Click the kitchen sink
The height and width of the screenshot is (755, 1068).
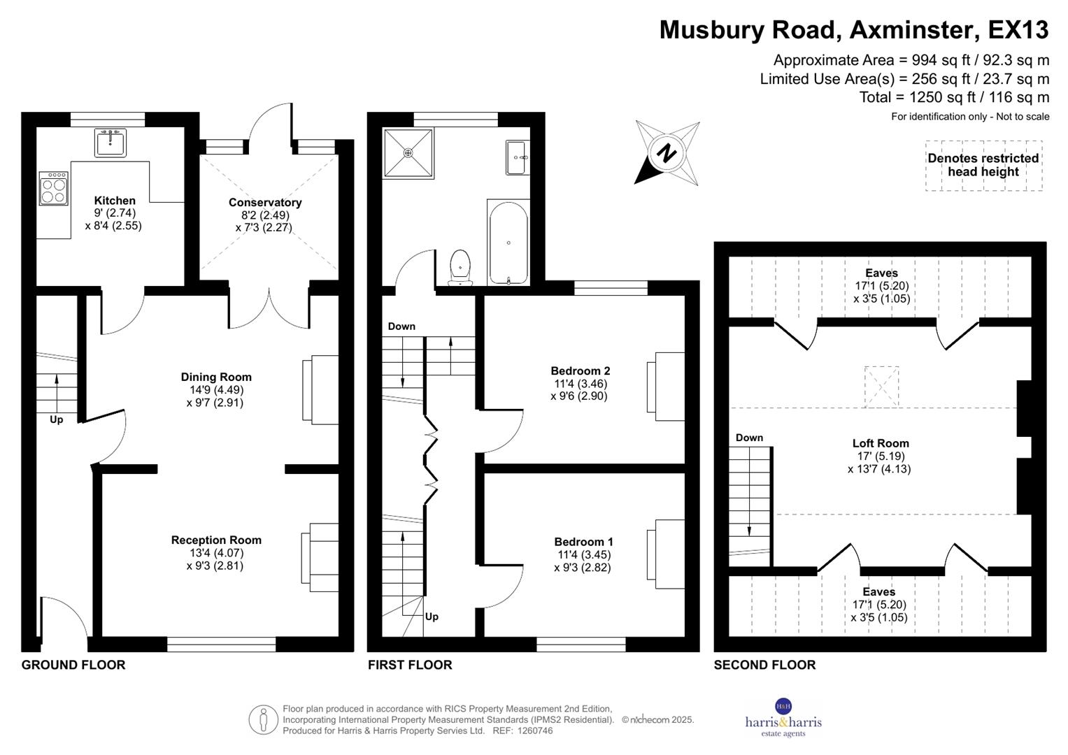(x=110, y=142)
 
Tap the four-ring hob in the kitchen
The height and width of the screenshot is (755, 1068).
(x=53, y=189)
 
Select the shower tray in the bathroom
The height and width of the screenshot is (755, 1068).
(x=408, y=153)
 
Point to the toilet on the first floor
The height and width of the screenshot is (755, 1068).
(x=460, y=268)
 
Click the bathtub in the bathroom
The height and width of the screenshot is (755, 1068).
(x=508, y=243)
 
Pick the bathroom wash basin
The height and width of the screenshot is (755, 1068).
(x=518, y=157)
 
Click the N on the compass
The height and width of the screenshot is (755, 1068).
(x=667, y=154)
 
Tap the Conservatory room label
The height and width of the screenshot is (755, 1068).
(x=265, y=202)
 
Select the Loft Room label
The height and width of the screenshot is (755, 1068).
(x=881, y=443)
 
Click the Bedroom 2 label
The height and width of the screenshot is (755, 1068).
(x=581, y=371)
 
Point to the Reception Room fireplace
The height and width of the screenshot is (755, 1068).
(x=320, y=558)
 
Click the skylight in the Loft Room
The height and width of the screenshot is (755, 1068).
(x=881, y=387)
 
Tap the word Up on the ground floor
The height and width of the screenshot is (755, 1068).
(x=56, y=420)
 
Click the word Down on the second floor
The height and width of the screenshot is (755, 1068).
(x=749, y=438)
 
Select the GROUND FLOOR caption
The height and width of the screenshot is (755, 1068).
(x=73, y=665)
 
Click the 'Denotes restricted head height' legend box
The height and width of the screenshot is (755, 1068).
(x=983, y=166)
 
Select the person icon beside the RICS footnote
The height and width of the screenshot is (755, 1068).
(x=263, y=720)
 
